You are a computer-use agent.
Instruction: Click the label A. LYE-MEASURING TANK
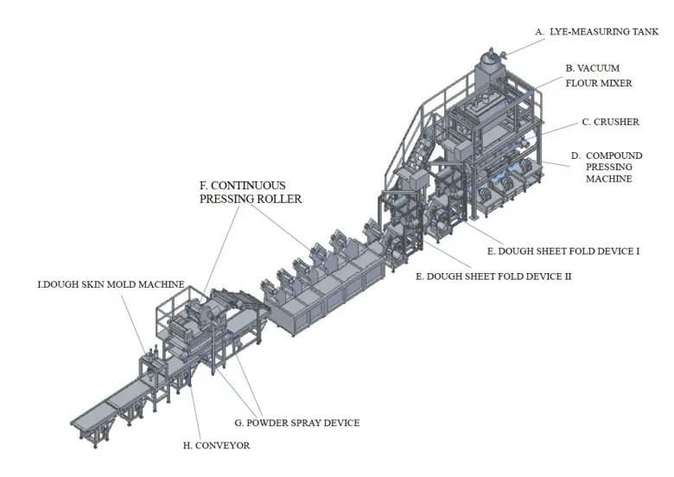click(596, 32)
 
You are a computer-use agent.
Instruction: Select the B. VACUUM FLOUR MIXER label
click(599, 76)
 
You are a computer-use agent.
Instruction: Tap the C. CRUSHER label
click(610, 122)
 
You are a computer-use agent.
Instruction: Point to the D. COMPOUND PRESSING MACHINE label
click(607, 167)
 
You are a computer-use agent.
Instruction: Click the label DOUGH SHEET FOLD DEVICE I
click(563, 251)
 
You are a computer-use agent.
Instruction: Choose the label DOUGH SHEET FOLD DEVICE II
click(493, 277)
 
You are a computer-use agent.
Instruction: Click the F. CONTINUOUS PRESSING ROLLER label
click(251, 192)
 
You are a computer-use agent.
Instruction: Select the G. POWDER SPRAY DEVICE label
click(297, 423)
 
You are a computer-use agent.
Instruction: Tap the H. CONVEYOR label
click(216, 446)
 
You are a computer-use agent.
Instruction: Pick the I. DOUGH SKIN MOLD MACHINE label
click(111, 284)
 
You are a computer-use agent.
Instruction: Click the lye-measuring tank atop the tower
click(491, 61)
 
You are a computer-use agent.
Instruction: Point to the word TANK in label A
click(645, 32)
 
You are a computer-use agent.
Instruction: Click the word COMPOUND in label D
click(614, 156)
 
